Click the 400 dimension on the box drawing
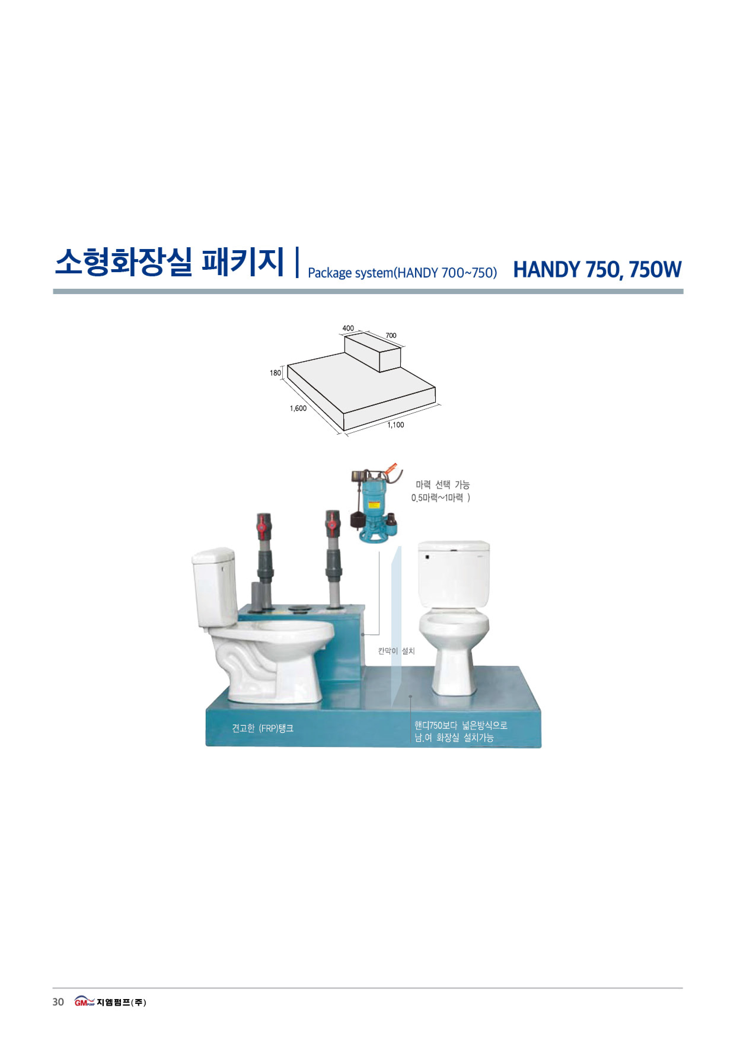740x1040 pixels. click(x=348, y=328)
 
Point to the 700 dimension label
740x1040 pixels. click(x=391, y=335)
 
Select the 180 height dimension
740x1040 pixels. click(x=275, y=373)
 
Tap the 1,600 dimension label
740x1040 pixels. click(x=299, y=408)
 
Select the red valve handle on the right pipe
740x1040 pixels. click(x=333, y=524)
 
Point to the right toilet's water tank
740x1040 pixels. click(x=454, y=574)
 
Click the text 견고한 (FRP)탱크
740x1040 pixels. click(x=262, y=728)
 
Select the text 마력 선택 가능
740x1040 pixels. click(x=442, y=485)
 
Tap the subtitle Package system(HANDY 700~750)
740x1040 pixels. click(x=402, y=272)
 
